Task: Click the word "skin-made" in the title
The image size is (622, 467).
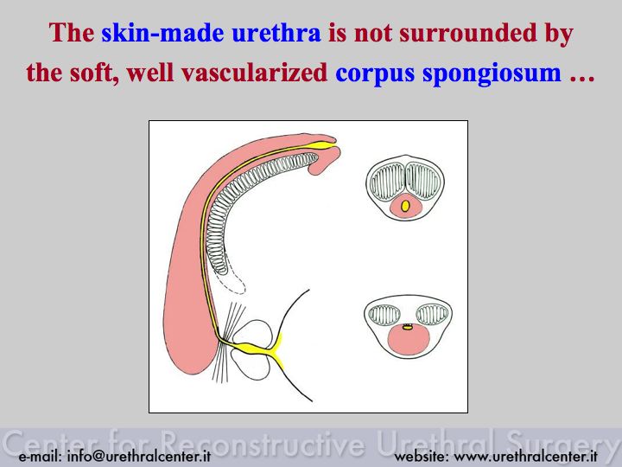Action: tap(162, 33)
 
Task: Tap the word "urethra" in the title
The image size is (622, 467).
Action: tap(276, 33)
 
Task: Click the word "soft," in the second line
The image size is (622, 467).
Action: tap(94, 73)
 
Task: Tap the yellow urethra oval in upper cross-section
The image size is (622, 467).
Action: tap(405, 206)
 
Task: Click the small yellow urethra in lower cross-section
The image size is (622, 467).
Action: tap(407, 328)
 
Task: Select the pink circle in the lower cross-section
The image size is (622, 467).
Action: tap(409, 341)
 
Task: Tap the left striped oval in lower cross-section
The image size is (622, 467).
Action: tap(384, 315)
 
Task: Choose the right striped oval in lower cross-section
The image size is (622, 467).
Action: tap(432, 315)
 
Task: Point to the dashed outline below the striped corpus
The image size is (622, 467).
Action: tap(232, 283)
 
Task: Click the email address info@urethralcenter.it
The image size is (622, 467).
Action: tap(115, 456)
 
